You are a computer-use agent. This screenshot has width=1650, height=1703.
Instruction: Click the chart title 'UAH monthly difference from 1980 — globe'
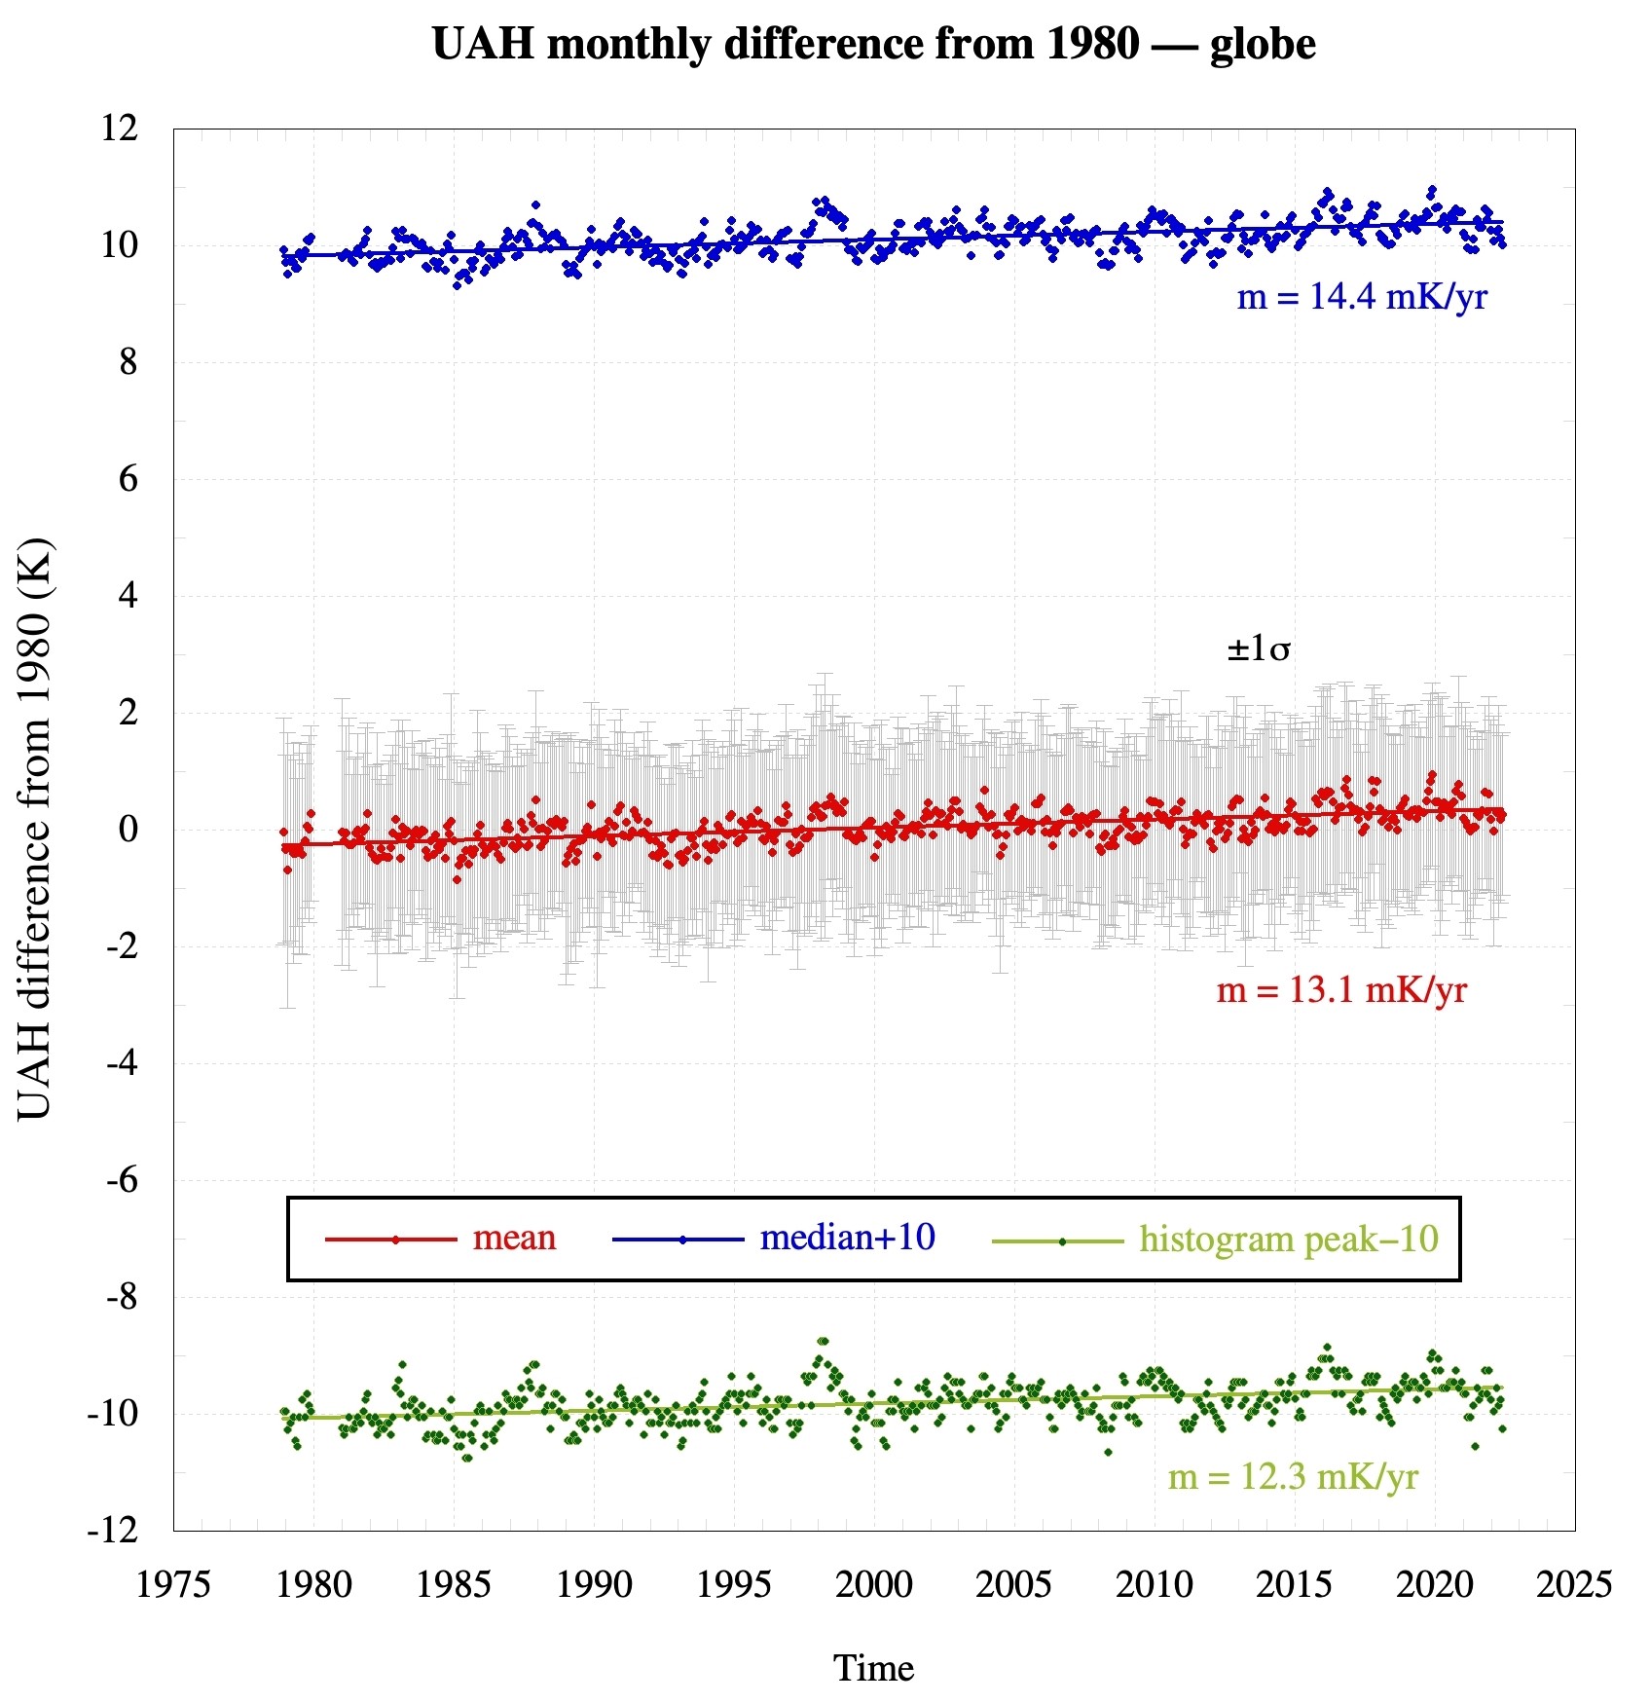click(873, 45)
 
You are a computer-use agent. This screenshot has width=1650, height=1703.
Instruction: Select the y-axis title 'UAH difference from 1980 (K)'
click(35, 829)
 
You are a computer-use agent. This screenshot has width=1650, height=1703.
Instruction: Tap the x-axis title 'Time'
click(873, 1668)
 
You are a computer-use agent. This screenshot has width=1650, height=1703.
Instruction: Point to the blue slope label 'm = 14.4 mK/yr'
click(1362, 297)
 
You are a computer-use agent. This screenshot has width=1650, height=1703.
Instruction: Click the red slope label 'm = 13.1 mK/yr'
click(1341, 990)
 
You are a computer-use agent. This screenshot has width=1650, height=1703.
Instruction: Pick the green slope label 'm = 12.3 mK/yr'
click(1293, 1477)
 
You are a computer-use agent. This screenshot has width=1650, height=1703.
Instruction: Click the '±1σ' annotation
click(1259, 648)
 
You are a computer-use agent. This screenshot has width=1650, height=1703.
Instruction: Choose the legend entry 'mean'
click(514, 1238)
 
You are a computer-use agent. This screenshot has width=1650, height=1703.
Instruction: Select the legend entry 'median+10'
click(847, 1238)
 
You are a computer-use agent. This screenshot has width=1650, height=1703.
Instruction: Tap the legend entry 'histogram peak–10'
click(1289, 1240)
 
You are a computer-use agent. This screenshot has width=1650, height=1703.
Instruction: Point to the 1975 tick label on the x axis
click(173, 1584)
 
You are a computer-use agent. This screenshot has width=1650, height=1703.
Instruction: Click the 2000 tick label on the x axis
click(873, 1584)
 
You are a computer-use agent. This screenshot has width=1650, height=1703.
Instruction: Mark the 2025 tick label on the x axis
click(1574, 1584)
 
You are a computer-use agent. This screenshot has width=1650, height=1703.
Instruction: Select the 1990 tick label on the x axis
click(594, 1584)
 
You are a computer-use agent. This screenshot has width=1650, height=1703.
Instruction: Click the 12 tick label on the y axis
click(120, 128)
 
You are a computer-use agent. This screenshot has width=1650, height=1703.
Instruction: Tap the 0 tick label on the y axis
click(128, 830)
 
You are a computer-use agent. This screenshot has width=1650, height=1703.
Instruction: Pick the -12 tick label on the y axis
click(113, 1531)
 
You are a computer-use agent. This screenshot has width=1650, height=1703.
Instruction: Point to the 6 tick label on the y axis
click(128, 479)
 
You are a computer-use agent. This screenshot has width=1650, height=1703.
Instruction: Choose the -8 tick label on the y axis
click(122, 1297)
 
